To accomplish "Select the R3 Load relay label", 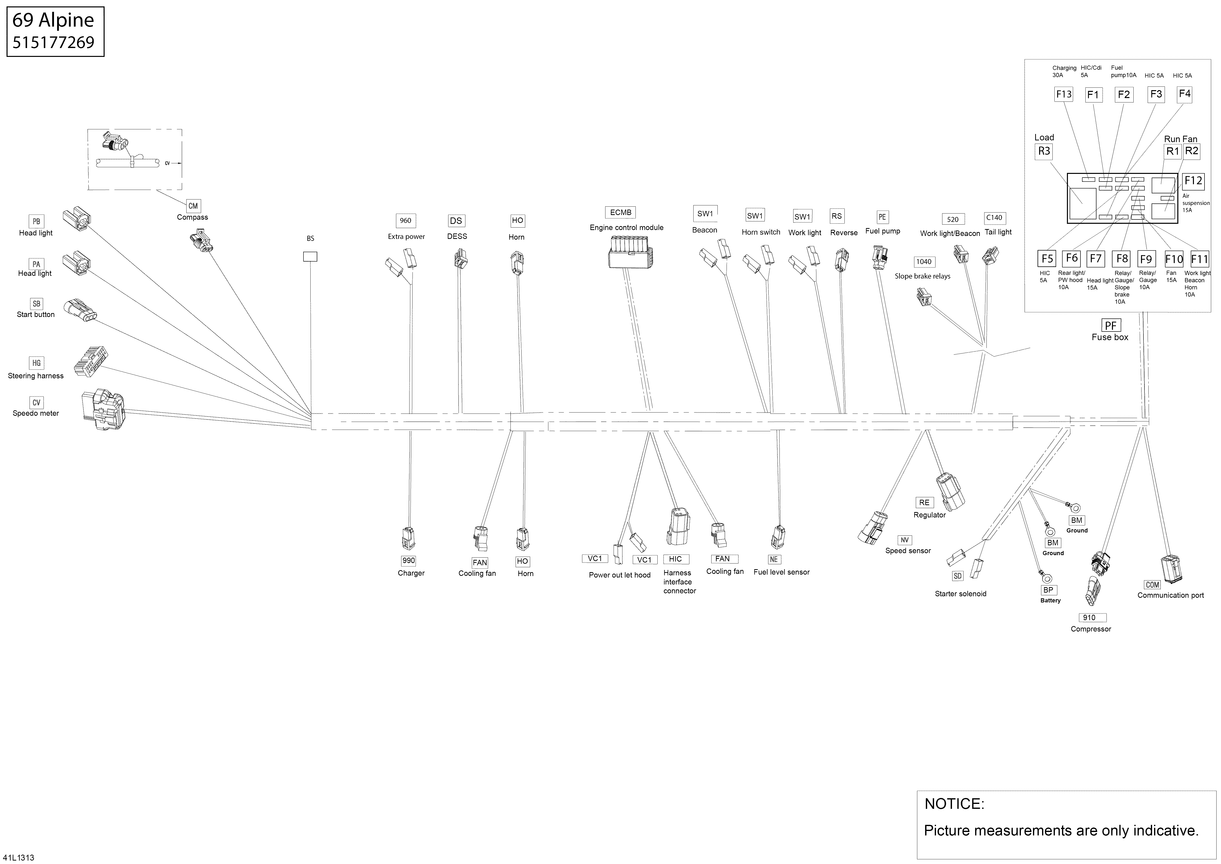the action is pyautogui.click(x=1044, y=151).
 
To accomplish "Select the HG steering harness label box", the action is pyautogui.click(x=36, y=363).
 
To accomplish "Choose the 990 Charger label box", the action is pyautogui.click(x=408, y=560).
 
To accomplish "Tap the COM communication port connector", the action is pyautogui.click(x=1171, y=569).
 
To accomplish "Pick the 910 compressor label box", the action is pyautogui.click(x=1089, y=618).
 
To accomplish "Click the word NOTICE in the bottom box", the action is pyautogui.click(x=954, y=804).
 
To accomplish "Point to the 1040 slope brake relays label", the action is pyautogui.click(x=924, y=262).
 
